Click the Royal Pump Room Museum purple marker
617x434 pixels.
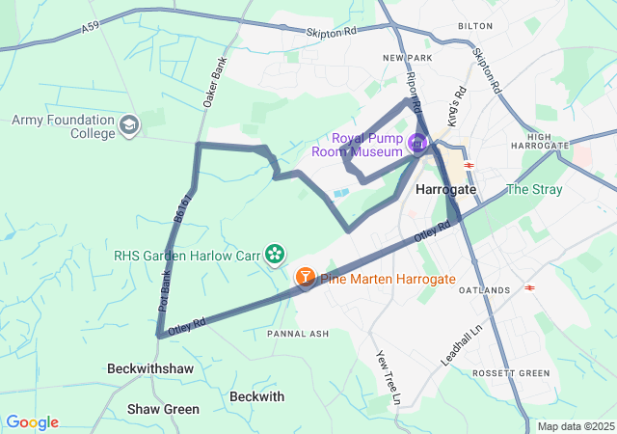pyautogui.click(x=417, y=145)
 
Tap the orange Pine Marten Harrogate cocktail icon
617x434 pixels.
pyautogui.click(x=305, y=278)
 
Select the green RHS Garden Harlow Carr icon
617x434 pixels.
pyautogui.click(x=276, y=254)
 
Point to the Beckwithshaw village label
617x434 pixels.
pyautogui.click(x=150, y=369)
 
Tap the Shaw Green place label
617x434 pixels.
pyautogui.click(x=164, y=409)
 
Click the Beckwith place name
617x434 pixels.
pyautogui.click(x=257, y=396)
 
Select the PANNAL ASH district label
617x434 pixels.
pyautogui.click(x=298, y=334)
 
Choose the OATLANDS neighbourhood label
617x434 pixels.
pyautogui.click(x=484, y=290)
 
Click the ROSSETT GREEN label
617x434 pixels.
pyautogui.click(x=511, y=373)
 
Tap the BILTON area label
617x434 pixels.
pyautogui.click(x=475, y=27)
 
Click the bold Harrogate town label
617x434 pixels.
pyautogui.click(x=445, y=190)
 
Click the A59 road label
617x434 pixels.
pyautogui.click(x=91, y=30)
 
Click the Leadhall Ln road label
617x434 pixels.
pyautogui.click(x=454, y=342)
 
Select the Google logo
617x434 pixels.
pyautogui.click(x=32, y=422)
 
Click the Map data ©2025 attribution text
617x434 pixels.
pyautogui.click(x=576, y=426)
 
